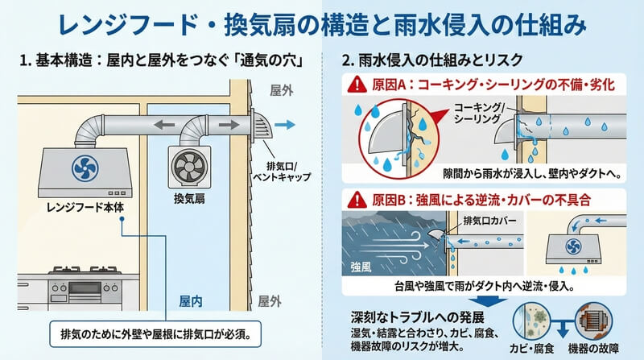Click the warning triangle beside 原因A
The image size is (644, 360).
(x=357, y=85)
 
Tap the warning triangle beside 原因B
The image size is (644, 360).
(x=357, y=200)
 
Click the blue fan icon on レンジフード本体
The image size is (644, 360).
(x=85, y=168)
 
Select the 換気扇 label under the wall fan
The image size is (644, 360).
(x=189, y=199)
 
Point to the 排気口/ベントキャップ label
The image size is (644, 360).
(x=281, y=172)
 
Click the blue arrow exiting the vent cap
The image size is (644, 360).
(x=285, y=125)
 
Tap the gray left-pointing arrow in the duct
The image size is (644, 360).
(x=164, y=125)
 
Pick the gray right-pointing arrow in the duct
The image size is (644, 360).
(x=229, y=125)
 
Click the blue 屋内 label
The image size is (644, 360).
(x=191, y=301)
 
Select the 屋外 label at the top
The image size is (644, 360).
(x=281, y=90)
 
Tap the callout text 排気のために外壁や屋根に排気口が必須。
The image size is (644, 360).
(x=155, y=333)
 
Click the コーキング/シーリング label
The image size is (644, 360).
(x=477, y=113)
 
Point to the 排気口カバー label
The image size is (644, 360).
(x=489, y=221)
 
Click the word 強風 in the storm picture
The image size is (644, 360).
(x=361, y=267)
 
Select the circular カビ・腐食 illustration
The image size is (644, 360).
(x=532, y=322)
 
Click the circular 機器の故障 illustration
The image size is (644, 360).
(x=593, y=322)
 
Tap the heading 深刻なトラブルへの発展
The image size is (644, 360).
(x=417, y=317)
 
